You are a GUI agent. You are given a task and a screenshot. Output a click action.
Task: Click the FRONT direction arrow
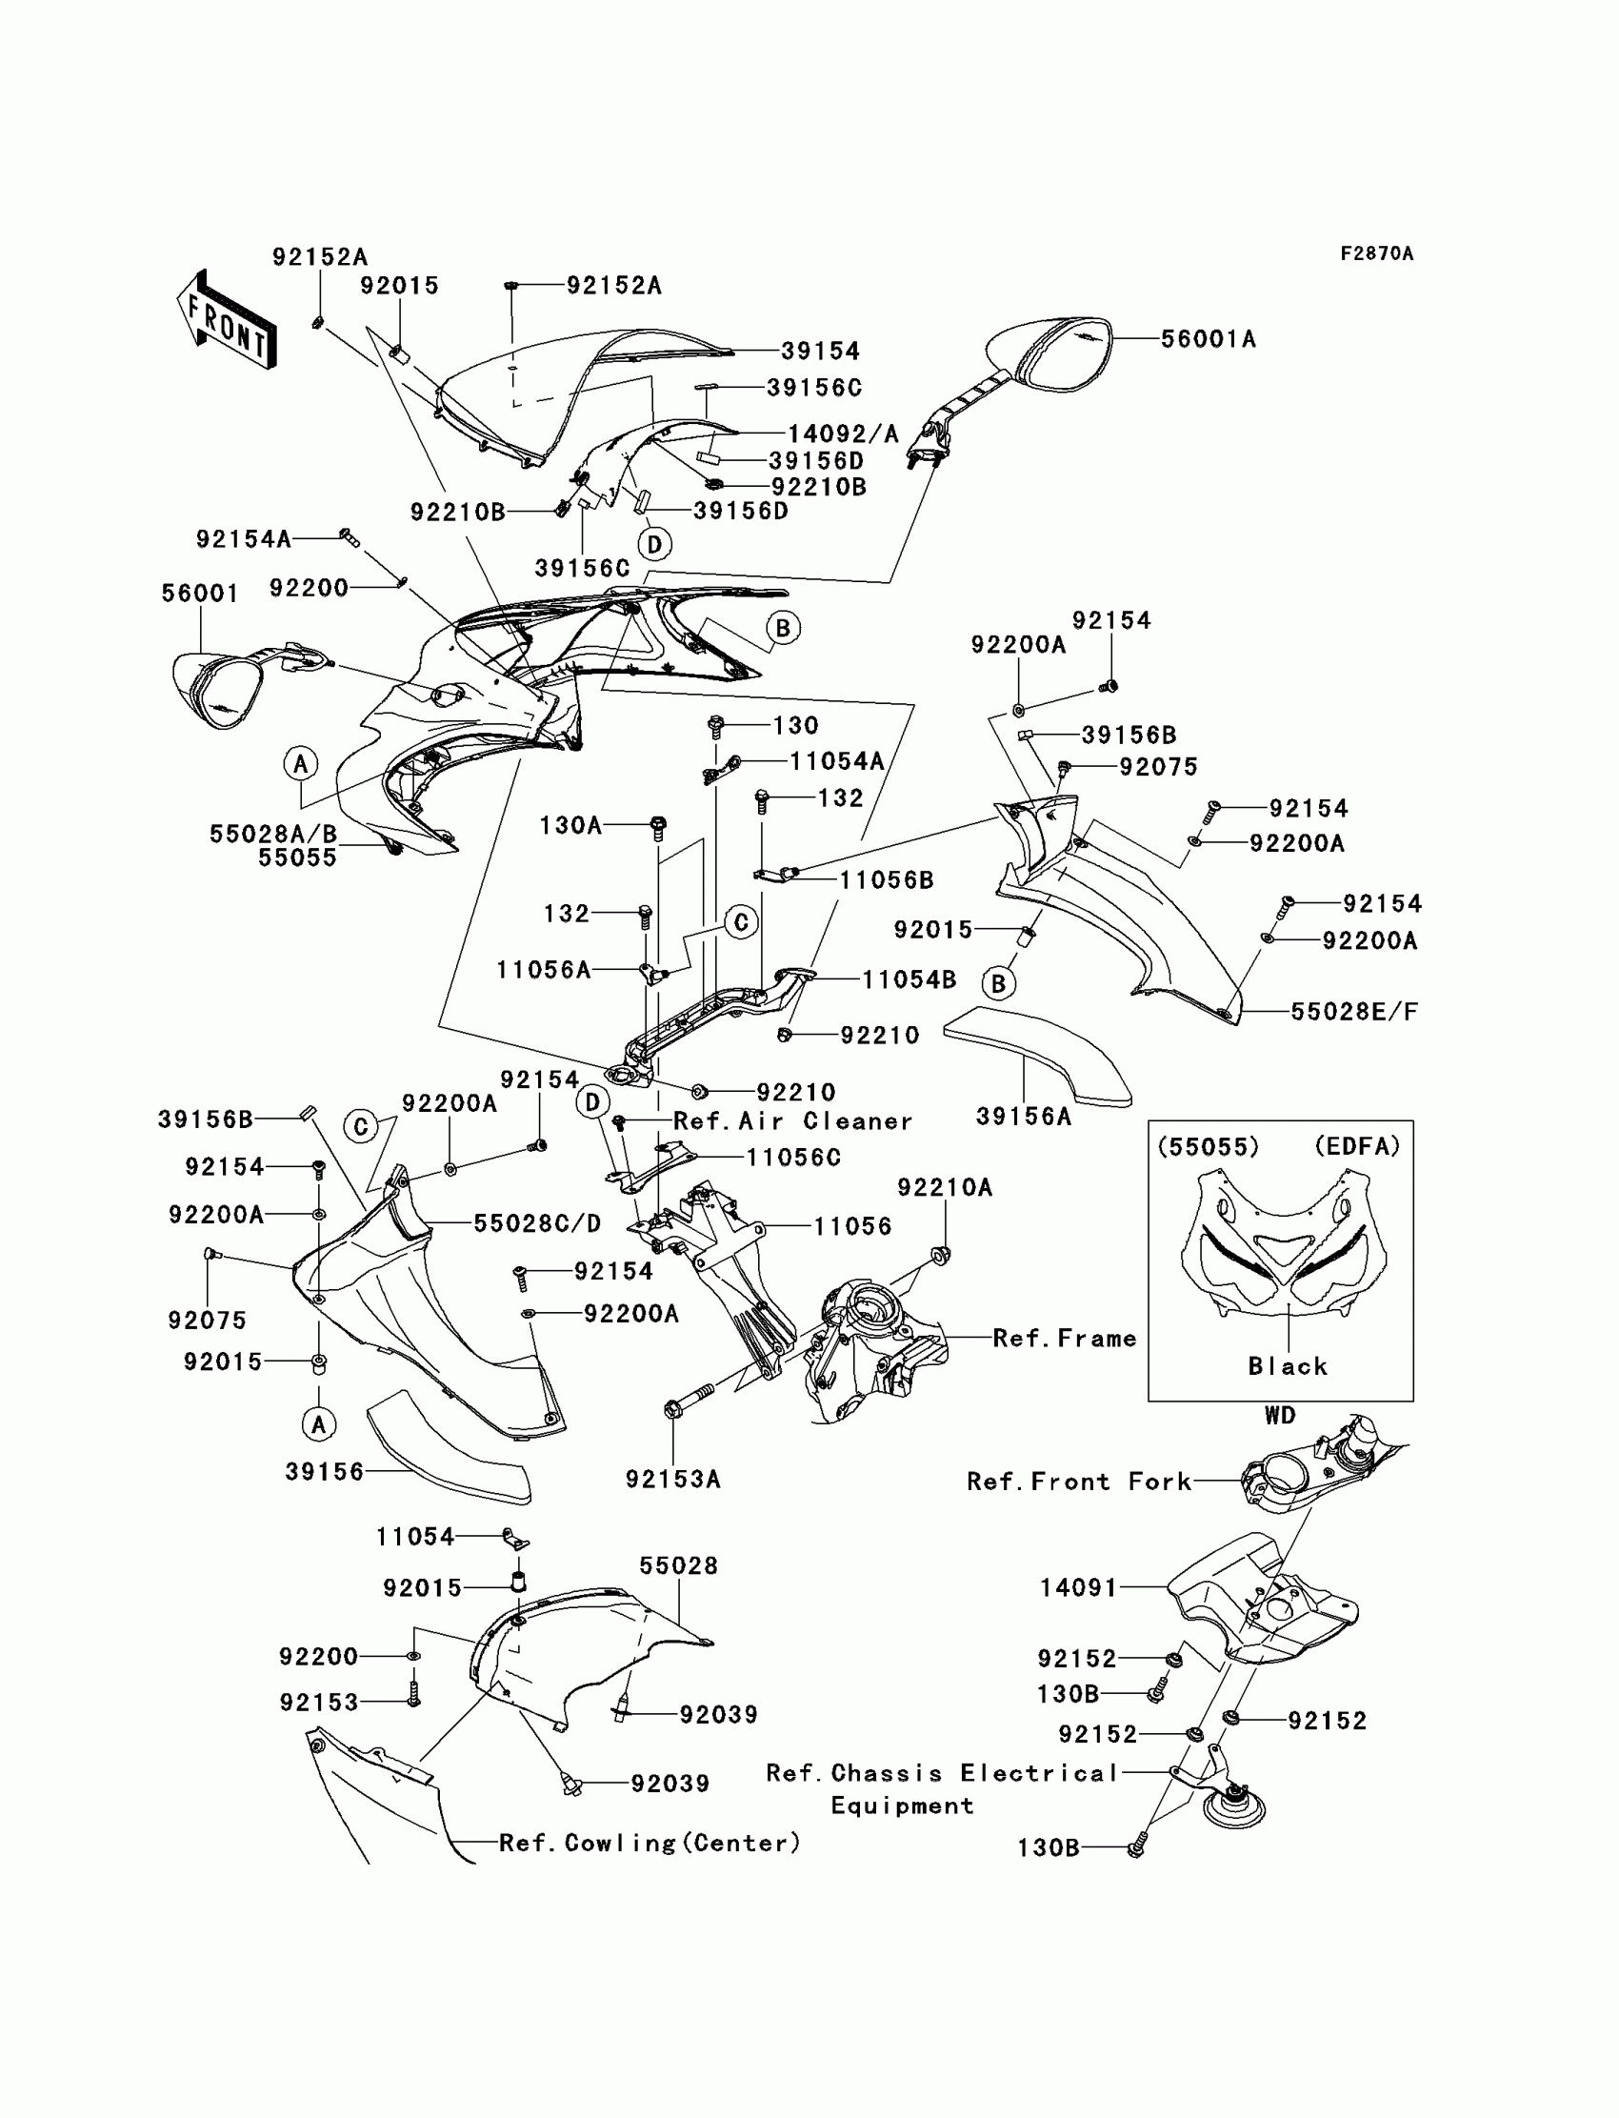click(227, 321)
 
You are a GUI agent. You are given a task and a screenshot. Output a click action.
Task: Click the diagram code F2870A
click(1376, 253)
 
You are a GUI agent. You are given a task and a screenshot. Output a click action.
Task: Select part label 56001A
click(1208, 339)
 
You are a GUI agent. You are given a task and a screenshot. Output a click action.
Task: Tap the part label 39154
click(820, 351)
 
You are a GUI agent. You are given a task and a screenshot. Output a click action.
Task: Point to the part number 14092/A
click(843, 434)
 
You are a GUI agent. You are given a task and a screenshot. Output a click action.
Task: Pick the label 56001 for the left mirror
click(200, 594)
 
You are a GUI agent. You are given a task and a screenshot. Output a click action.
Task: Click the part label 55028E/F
click(1354, 1011)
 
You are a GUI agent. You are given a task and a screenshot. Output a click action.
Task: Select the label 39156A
click(1024, 1117)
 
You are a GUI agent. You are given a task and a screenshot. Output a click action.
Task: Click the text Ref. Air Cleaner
click(792, 1121)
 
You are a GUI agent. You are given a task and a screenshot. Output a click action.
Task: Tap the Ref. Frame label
click(1064, 1338)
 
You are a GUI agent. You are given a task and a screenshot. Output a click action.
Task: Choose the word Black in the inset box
click(1288, 1366)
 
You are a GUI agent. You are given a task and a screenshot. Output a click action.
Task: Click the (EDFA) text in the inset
click(1357, 1146)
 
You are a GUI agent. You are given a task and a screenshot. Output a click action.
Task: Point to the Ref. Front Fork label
click(1078, 1482)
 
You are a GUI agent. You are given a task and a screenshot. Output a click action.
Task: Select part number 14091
click(1078, 1587)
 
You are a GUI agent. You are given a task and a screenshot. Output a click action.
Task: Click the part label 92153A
click(672, 1479)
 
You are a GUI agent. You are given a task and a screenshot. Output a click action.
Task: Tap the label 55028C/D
click(537, 1223)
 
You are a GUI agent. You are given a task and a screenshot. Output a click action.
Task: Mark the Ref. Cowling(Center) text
click(650, 1843)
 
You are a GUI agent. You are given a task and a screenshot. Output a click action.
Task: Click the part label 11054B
click(908, 979)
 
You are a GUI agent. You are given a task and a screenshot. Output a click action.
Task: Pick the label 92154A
click(244, 539)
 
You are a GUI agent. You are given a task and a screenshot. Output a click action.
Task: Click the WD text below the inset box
click(1280, 1415)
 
